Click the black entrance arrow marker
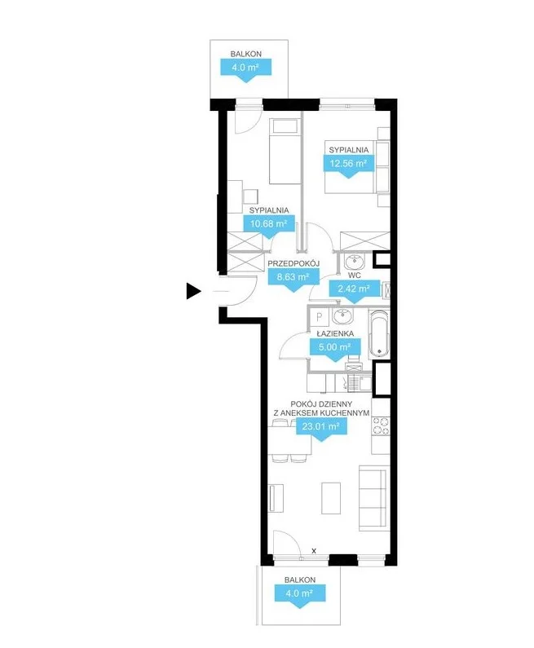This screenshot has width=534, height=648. click(x=192, y=291)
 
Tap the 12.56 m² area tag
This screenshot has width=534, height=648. click(x=348, y=165)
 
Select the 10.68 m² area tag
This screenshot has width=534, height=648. click(x=269, y=226)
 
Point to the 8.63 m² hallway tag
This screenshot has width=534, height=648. click(x=293, y=279)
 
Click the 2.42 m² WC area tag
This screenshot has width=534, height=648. click(x=354, y=290)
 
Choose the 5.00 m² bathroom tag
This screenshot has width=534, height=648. click(x=335, y=349)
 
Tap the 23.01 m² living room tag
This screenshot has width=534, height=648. click(x=321, y=429)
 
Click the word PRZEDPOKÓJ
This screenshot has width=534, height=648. click(x=293, y=263)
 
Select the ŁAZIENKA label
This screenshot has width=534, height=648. click(x=335, y=333)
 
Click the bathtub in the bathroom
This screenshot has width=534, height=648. click(x=379, y=334)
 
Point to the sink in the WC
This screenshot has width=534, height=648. click(x=354, y=262)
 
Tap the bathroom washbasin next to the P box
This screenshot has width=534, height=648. click(x=343, y=316)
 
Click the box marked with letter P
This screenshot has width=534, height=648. click(x=319, y=317)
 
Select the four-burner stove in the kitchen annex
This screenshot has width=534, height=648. click(x=381, y=426)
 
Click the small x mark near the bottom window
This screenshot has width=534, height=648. click(x=314, y=550)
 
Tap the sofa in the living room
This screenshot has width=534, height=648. click(x=373, y=498)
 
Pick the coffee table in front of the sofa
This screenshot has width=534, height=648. click(x=331, y=498)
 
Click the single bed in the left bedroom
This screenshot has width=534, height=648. click(x=285, y=152)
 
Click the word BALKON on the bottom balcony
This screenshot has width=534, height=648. click(x=300, y=580)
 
